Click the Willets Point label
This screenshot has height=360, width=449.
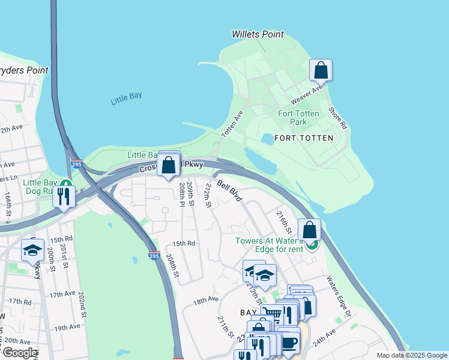[x=258, y=34]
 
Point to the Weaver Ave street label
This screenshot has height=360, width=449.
[x=307, y=94]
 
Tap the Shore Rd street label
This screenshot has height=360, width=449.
[x=337, y=118]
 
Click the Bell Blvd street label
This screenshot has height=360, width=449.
[x=229, y=190]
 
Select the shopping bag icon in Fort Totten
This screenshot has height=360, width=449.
[x=321, y=70]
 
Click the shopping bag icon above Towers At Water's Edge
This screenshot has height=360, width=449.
[x=309, y=230]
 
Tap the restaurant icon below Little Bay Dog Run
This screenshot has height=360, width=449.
[x=64, y=196]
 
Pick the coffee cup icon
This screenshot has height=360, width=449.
[x=289, y=342]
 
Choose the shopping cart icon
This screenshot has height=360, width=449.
[x=272, y=314]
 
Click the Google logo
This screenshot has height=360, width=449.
[x=20, y=353]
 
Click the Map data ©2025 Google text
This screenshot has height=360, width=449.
[x=411, y=355]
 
